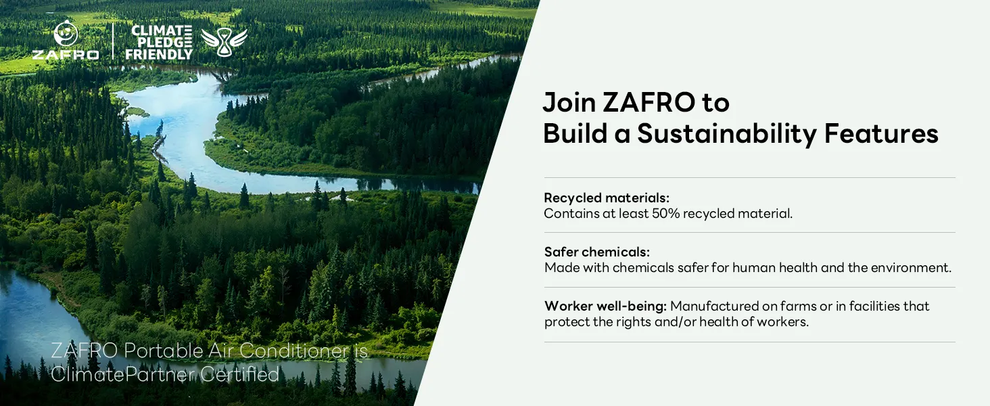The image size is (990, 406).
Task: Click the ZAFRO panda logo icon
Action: point(66,34)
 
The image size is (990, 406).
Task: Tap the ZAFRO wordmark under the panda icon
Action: point(66,55)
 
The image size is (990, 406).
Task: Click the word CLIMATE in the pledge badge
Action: point(162,30)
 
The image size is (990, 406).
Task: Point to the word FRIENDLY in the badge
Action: point(159,54)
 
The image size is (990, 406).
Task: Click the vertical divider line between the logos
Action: point(113,41)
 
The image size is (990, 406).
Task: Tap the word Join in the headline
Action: point(569,103)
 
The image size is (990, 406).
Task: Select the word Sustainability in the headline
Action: point(726,134)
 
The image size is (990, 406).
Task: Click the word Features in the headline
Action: point(881,133)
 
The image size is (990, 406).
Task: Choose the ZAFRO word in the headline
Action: point(649,102)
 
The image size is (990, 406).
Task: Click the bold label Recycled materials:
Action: point(607,198)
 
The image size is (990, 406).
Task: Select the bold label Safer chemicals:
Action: point(597,252)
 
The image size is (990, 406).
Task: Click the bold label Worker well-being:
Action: point(605,306)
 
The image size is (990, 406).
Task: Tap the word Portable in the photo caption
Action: point(163,351)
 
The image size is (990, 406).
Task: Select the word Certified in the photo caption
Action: point(240,375)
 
